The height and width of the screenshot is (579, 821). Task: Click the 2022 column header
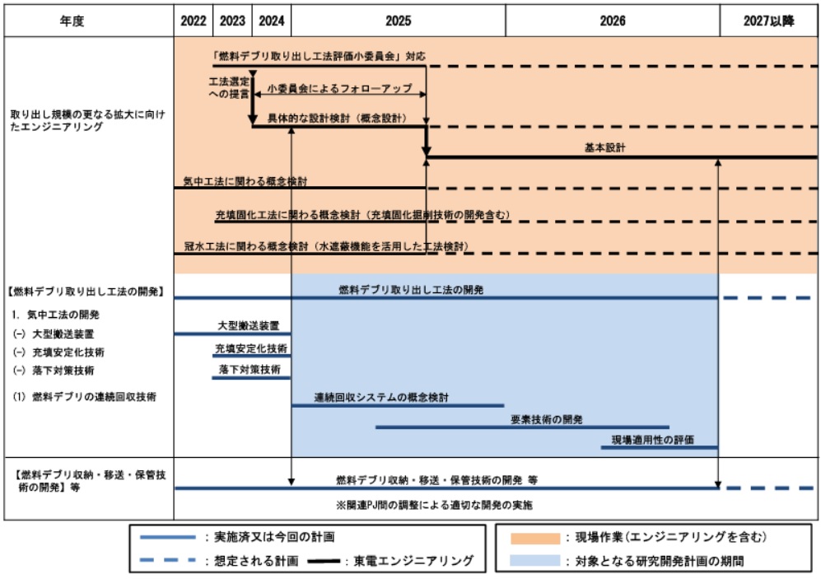[194, 22]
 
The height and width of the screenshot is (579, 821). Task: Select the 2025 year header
[398, 22]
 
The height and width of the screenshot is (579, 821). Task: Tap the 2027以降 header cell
[768, 22]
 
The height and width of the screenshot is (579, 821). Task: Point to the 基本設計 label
[604, 148]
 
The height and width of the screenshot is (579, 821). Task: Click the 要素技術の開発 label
[547, 419]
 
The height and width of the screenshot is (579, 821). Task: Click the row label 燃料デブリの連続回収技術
[84, 397]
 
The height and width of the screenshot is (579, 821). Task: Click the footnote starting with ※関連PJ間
[427, 504]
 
